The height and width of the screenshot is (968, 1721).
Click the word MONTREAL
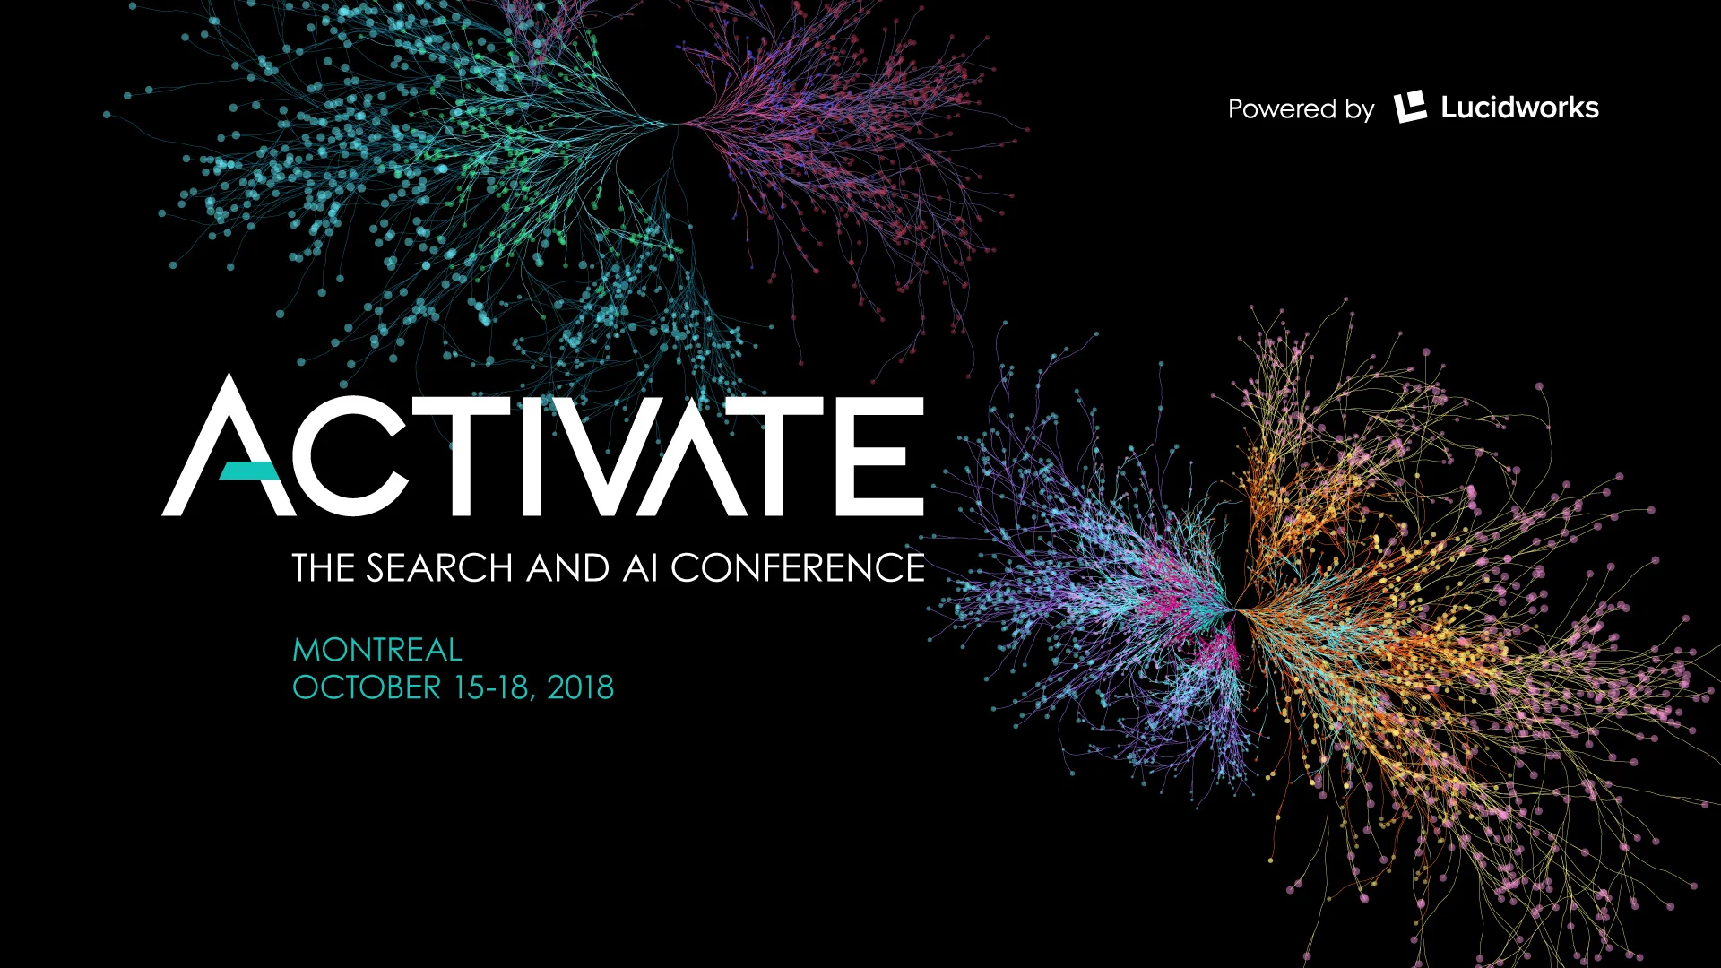click(x=376, y=650)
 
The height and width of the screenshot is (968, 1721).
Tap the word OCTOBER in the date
click(x=367, y=687)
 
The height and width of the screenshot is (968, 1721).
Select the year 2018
click(x=580, y=687)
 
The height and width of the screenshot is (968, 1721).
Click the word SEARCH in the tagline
click(x=439, y=568)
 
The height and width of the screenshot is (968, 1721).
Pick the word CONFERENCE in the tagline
click(x=797, y=568)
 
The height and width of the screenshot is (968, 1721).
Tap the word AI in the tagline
click(x=640, y=568)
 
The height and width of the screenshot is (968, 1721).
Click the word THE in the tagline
click(x=324, y=568)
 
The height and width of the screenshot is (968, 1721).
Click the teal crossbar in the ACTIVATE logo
click(x=248, y=471)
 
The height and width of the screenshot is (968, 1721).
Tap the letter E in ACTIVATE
click(x=886, y=456)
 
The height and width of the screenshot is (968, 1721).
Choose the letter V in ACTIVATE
click(x=610, y=456)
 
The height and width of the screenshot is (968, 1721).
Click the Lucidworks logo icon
click(x=1410, y=108)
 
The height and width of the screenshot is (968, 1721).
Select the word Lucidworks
click(x=1519, y=108)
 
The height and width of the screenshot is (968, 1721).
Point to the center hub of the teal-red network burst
click(x=679, y=125)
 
